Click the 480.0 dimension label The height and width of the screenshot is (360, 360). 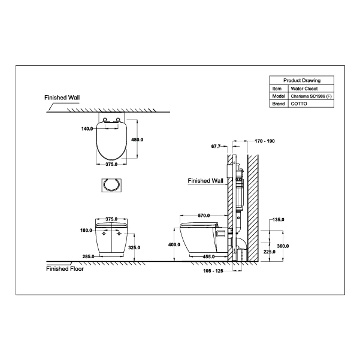click(x=137, y=140)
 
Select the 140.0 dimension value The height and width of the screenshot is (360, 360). click(x=87, y=129)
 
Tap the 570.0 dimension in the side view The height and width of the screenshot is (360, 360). click(x=204, y=216)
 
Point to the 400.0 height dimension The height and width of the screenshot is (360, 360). click(x=174, y=245)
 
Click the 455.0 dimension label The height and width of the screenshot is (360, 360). click(x=208, y=256)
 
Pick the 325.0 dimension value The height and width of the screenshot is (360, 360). click(x=134, y=247)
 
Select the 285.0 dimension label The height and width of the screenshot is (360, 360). click(x=88, y=256)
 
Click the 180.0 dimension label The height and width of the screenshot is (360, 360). click(x=86, y=230)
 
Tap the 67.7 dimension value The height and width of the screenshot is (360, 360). click(x=216, y=146)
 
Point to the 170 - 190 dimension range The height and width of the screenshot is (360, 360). click(x=265, y=141)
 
